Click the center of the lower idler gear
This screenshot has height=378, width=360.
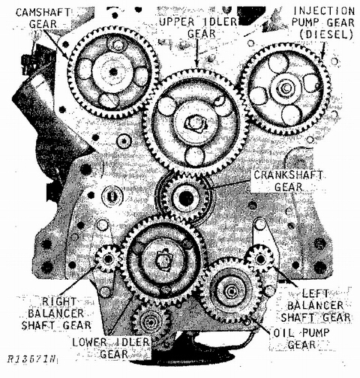point(160,259)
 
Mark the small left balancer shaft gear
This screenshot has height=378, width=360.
point(262,259)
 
